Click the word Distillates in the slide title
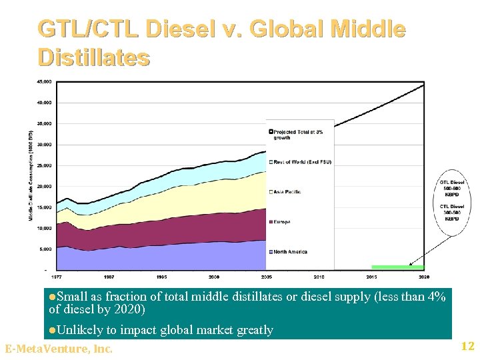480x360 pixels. (x=94, y=57)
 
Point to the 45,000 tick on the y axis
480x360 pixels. (x=43, y=82)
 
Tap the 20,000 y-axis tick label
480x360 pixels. (x=43, y=186)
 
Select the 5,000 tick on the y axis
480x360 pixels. (x=45, y=249)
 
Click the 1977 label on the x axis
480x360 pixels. (x=57, y=276)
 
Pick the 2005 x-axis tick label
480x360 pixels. (x=266, y=276)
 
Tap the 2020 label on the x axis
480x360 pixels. (x=423, y=276)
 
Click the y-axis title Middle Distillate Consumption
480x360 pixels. (x=31, y=176)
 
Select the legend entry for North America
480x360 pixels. (x=290, y=251)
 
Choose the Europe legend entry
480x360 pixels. (x=281, y=222)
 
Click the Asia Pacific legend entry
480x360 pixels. (x=287, y=192)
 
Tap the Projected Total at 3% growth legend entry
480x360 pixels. (x=297, y=134)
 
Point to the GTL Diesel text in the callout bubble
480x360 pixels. (x=452, y=182)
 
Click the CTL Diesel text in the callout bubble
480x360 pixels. (x=452, y=206)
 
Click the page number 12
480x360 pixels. (x=467, y=346)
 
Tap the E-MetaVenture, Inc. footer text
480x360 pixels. (x=59, y=349)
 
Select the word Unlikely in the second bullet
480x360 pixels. (x=79, y=329)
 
